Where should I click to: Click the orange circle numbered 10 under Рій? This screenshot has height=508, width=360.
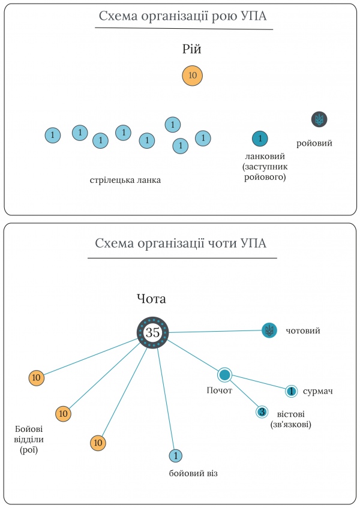193,76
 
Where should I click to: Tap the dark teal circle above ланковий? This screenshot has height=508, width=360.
260,139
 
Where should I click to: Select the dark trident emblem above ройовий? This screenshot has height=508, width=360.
319,119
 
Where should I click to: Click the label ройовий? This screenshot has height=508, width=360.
314,143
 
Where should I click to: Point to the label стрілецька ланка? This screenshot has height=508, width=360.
125,179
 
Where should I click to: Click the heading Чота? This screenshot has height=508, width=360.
151,299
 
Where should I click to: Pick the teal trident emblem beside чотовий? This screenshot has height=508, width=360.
269,330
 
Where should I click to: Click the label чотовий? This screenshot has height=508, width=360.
303,330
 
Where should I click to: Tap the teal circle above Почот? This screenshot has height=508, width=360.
224,375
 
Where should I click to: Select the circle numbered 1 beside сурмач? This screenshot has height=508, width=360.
291,391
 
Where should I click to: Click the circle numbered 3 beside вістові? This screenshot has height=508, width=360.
262,412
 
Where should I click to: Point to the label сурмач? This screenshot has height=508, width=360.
318,391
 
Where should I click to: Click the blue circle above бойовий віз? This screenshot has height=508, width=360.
175,456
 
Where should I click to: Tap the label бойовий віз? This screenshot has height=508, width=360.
193,474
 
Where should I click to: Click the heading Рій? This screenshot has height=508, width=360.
192,50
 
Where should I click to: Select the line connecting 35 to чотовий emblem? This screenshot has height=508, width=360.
216,331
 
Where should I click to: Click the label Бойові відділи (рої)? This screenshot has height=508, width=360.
29,438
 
